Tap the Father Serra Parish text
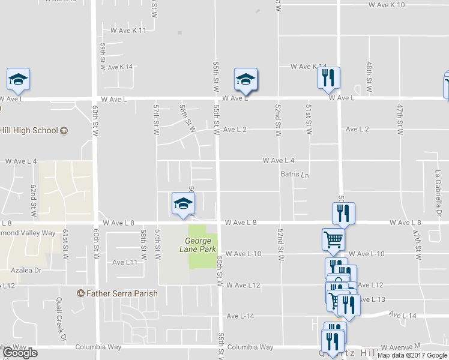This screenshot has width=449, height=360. tap(122, 293)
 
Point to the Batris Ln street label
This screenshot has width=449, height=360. tap(294, 175)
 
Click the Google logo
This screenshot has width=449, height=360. tap(20, 353)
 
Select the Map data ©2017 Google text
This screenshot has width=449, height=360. tap(412, 355)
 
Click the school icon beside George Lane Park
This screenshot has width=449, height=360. tap(183, 203)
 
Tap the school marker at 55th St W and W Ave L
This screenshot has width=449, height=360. tap(245, 79)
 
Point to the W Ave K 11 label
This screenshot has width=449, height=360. tap(128, 30)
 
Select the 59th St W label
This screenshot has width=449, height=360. tap(103, 56)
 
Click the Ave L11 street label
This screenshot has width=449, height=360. tap(125, 262)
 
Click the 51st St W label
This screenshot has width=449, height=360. tap(309, 119)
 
